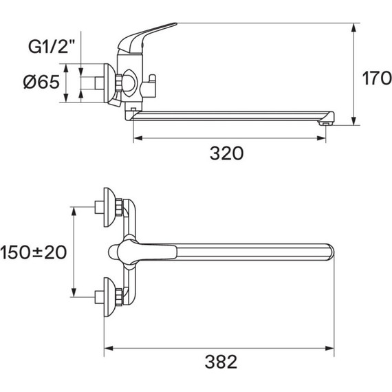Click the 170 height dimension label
coord(377,78)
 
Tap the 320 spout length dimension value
coord(226,153)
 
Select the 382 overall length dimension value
coord(221,362)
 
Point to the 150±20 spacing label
coord(34,252)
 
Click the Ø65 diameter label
coord(41,82)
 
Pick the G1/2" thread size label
coord(52,47)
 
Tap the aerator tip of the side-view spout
coord(325,123)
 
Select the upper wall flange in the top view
coord(109,207)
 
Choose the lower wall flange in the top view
coord(109,297)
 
